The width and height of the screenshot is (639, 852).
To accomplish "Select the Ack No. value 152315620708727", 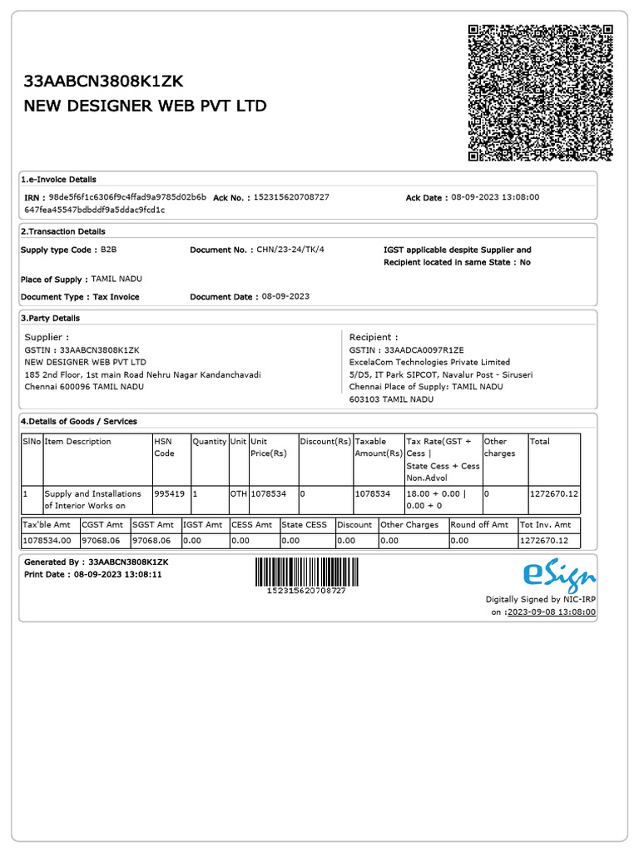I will pos(291,197).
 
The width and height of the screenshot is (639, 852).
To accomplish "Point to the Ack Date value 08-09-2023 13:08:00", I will pos(495,197).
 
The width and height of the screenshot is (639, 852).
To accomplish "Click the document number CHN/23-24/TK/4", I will pos(290,250).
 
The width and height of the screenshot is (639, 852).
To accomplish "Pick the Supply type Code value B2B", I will pos(109,250).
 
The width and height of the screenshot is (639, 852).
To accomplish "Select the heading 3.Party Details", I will pos(51,318).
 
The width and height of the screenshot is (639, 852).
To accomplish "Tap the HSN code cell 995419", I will pos(169,493).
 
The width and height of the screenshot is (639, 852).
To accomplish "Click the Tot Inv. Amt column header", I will pos(545,525).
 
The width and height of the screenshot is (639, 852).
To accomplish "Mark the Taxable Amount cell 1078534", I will pos(372,493).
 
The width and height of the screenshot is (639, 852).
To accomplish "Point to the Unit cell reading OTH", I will pos(238,493).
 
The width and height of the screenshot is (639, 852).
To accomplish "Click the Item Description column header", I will pos(77,441).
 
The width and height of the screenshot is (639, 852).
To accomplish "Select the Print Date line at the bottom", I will pos(93,574).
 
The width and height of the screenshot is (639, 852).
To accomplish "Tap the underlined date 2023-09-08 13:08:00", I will pos(552,612).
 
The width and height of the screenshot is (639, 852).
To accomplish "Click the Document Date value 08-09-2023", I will pos(285,296).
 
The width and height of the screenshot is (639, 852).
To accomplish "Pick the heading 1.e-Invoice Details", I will pos(58,179).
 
